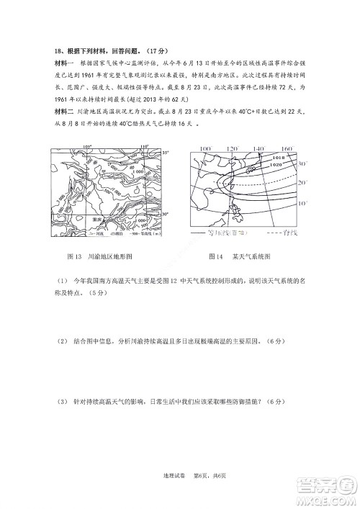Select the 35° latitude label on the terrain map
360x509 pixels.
click(x=165, y=153)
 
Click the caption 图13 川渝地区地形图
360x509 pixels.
click(x=98, y=256)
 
